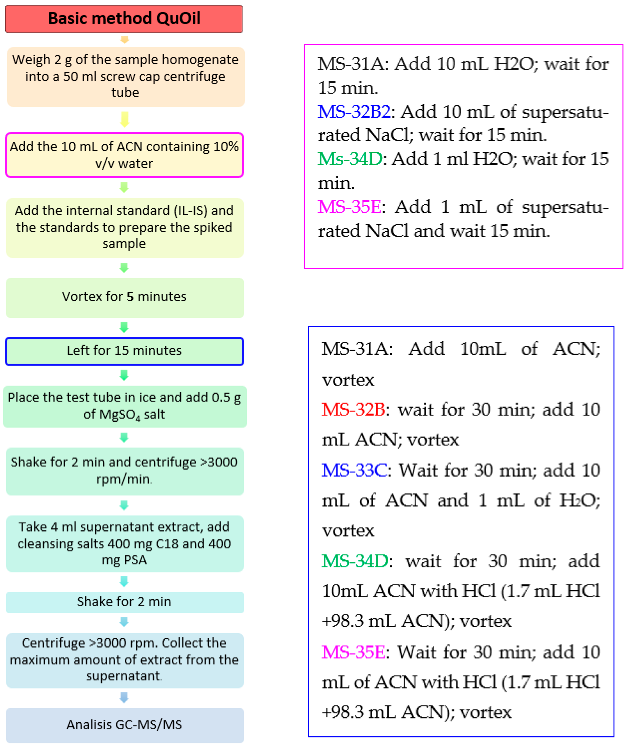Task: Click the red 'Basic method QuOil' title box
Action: (124, 19)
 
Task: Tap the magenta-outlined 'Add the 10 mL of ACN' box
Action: (124, 155)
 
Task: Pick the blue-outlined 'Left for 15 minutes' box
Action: (124, 351)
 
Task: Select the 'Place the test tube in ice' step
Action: (124, 406)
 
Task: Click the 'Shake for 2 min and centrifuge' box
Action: (124, 471)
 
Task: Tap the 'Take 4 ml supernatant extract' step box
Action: (124, 544)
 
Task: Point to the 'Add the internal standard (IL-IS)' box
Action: (124, 227)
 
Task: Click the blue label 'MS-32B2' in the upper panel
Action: (354, 112)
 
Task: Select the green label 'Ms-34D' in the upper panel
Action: (350, 159)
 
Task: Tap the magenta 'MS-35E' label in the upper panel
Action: (349, 207)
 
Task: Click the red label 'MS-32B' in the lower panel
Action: (353, 409)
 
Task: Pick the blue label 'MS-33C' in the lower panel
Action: (354, 470)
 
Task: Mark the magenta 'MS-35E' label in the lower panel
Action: (353, 652)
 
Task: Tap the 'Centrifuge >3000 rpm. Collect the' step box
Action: (124, 660)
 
